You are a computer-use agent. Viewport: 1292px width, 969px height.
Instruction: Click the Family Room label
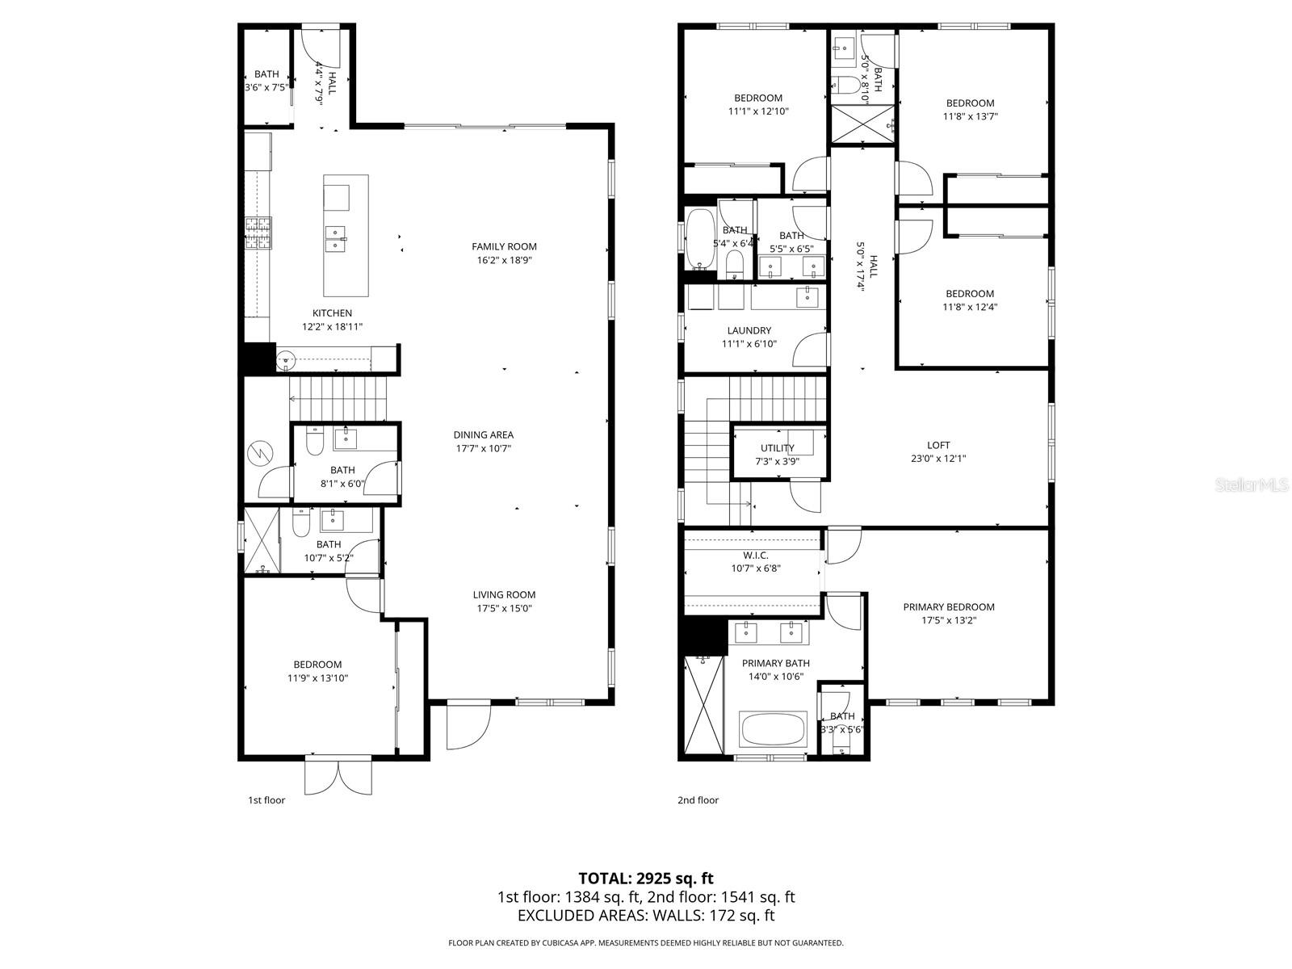[504, 247]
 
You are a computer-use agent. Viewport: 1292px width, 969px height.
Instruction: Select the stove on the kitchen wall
[259, 233]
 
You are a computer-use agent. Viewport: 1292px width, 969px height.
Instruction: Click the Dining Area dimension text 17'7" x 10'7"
[483, 448]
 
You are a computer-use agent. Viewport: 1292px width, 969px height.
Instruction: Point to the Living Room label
[504, 595]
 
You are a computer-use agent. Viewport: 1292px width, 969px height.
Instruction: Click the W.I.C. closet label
[755, 556]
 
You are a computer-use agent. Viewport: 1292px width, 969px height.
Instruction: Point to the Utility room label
[777, 448]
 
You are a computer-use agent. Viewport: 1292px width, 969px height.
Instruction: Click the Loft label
[938, 445]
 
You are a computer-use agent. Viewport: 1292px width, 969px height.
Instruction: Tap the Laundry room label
[749, 330]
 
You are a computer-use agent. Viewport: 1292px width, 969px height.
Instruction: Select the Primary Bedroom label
[948, 607]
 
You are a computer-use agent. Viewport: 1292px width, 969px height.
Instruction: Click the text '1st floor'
[266, 800]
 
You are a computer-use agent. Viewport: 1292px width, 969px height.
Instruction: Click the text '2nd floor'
[698, 800]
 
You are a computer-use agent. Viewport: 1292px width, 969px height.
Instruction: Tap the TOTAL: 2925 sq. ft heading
[645, 878]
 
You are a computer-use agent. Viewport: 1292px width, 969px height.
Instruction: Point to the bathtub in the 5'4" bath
[700, 239]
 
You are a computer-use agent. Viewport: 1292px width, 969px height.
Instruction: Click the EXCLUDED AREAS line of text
[645, 916]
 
